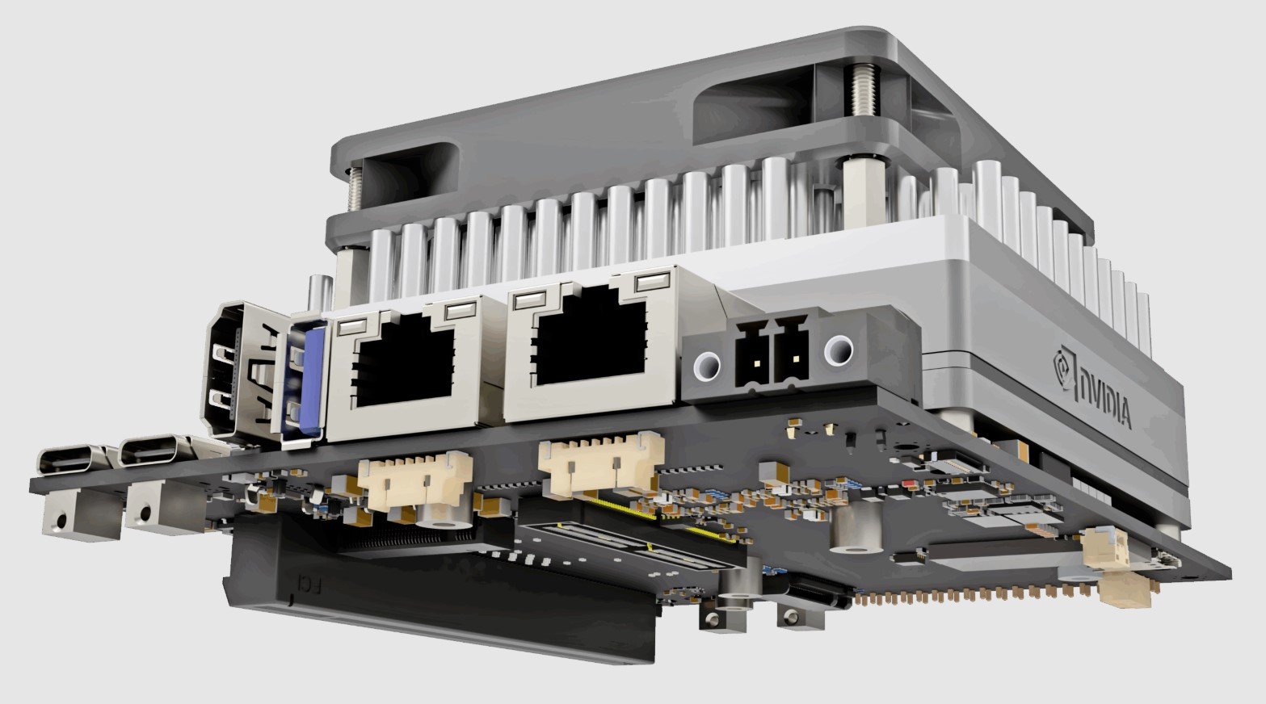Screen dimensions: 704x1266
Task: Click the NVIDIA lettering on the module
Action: [x=1105, y=399]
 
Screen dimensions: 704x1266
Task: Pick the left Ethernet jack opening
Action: [x=404, y=363]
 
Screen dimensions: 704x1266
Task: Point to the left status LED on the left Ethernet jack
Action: [x=352, y=328]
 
